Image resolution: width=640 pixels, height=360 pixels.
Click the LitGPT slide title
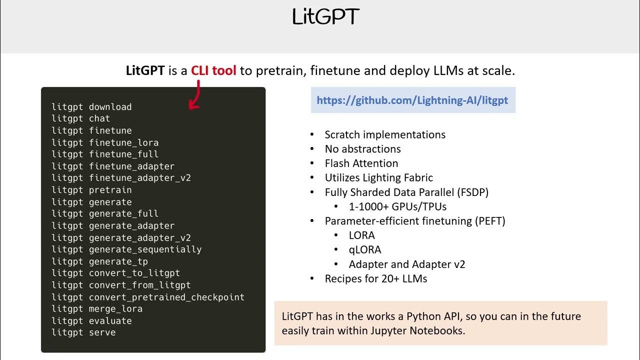pos(325,17)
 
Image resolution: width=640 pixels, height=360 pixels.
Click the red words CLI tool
pos(213,70)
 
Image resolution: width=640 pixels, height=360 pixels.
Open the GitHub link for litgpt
pos(412,100)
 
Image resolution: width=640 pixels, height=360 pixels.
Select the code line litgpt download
pos(91,107)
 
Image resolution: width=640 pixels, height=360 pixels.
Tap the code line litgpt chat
pos(80,118)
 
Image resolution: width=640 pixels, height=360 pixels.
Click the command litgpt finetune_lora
pos(105,142)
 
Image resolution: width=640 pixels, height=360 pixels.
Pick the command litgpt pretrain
pos(91,190)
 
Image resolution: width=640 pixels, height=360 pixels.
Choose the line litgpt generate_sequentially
pos(126,249)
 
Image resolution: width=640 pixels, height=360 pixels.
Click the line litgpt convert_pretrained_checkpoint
pos(148,297)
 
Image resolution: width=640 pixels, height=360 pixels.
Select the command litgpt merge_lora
pos(97,309)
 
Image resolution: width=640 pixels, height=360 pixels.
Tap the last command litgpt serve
pos(83,332)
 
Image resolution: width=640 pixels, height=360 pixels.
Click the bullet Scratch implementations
pos(385,135)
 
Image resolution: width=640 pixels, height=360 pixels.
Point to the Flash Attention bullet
pos(361,163)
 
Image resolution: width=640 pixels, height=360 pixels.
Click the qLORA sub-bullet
pos(365,249)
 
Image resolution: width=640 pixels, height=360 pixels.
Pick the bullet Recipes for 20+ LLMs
pos(376,278)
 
